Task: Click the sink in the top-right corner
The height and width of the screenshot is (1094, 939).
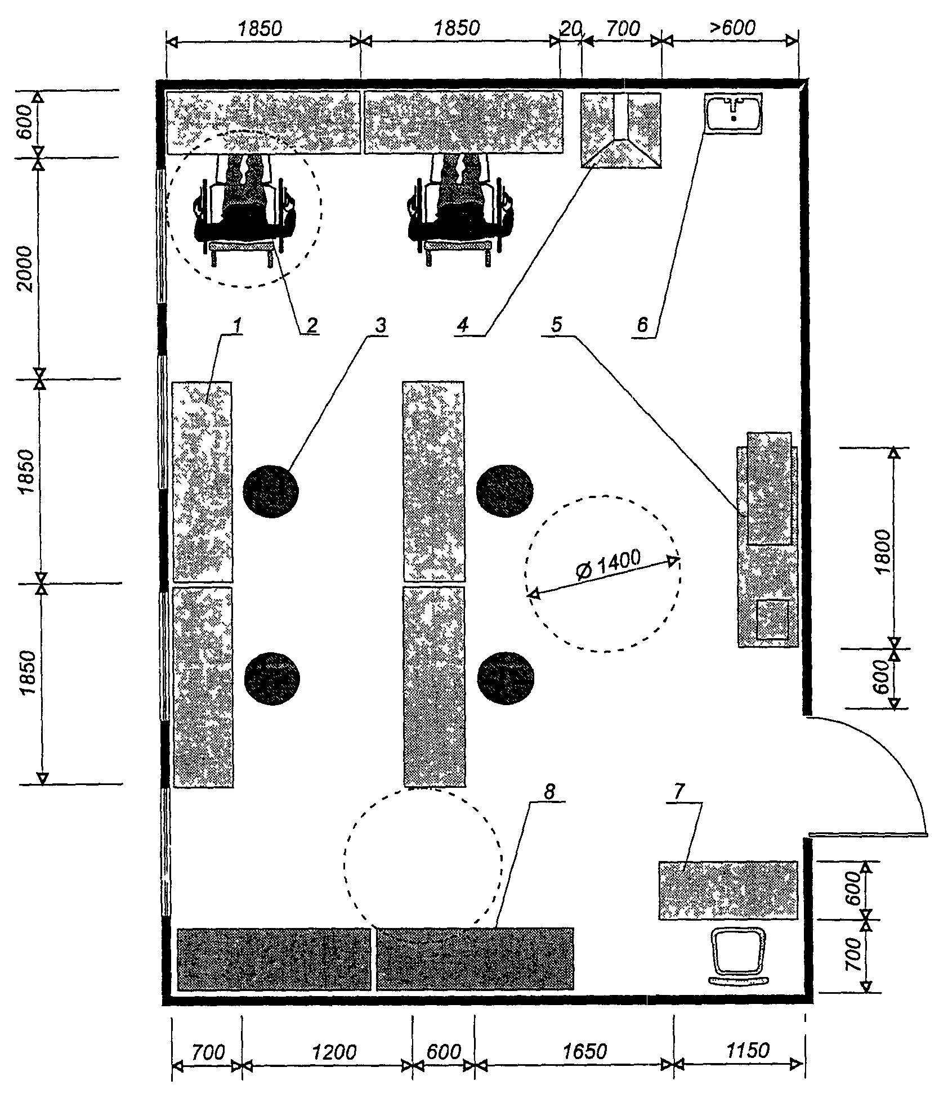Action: (733, 114)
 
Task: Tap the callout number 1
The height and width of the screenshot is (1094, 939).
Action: (238, 325)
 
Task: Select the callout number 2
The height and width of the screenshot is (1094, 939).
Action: (311, 325)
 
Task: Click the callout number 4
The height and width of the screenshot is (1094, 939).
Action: (463, 325)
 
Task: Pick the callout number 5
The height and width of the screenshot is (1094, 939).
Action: (556, 324)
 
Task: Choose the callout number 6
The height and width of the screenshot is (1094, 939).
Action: (642, 325)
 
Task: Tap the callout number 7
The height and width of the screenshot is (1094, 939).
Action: (679, 792)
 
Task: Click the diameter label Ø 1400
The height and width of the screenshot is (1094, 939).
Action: (609, 566)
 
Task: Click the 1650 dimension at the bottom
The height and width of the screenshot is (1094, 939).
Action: (584, 1051)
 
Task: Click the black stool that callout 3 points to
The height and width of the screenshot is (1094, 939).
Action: (271, 491)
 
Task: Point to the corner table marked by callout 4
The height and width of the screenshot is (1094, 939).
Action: (621, 130)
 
